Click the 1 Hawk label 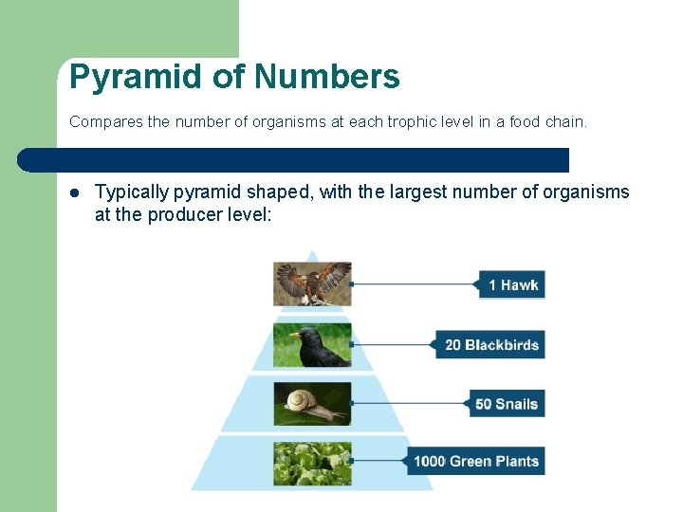[x=512, y=284]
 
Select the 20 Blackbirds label [x=491, y=345]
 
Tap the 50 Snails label [x=507, y=404]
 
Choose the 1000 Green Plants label [x=476, y=462]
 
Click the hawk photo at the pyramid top [x=312, y=283]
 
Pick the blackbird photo [x=312, y=345]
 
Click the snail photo [x=312, y=404]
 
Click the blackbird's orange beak [x=295, y=334]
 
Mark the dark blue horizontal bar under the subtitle [x=294, y=160]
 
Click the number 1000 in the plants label [x=430, y=462]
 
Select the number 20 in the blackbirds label [x=453, y=345]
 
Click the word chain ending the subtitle [x=566, y=122]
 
